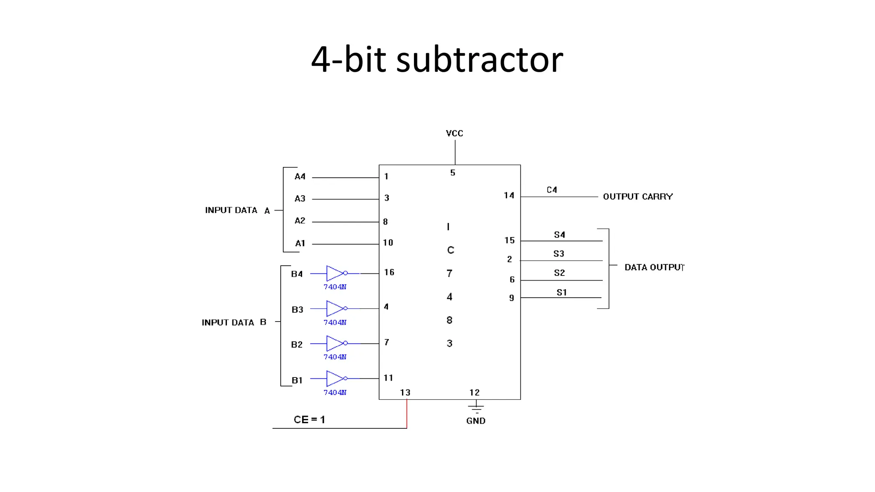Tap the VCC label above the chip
[x=454, y=133]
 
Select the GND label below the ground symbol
[x=476, y=421]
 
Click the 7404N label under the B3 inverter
[x=335, y=322]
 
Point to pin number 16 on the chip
[x=389, y=272]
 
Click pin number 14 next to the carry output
[x=508, y=195]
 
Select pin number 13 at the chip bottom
[x=405, y=392]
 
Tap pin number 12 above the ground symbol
[x=474, y=392]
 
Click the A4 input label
[x=300, y=176]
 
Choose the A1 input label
[x=300, y=243]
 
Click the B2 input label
[x=297, y=344]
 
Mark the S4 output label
[x=559, y=234]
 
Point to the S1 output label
[x=561, y=292]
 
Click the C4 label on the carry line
[x=552, y=190]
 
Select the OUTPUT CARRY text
[x=637, y=196]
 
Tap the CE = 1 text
[x=309, y=419]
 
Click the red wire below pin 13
[x=407, y=414]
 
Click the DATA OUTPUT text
[x=654, y=267]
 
